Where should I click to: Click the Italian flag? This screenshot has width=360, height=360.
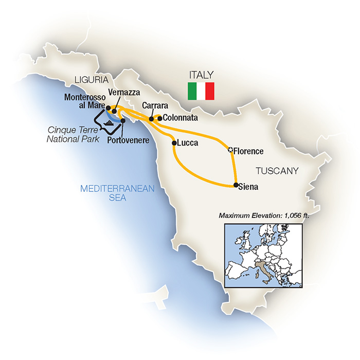tap(201, 91)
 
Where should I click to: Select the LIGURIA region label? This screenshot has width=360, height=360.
tap(91, 80)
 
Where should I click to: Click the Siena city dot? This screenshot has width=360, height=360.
tap(236, 185)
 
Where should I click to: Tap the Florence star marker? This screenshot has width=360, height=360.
tap(230, 151)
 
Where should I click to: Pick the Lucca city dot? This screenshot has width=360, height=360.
tap(174, 143)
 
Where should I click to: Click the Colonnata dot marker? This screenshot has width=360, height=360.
tap(159, 118)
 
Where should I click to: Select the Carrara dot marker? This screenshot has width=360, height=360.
tap(151, 119)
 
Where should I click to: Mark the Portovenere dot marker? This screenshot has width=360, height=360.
tap(123, 121)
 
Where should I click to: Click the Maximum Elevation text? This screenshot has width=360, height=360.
tap(263, 215)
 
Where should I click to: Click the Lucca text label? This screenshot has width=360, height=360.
tap(188, 143)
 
